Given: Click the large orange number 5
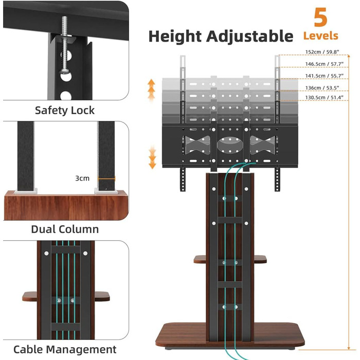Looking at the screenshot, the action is click(x=320, y=17).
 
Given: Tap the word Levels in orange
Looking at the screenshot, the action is click(x=320, y=36).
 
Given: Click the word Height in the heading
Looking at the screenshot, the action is click(x=175, y=37).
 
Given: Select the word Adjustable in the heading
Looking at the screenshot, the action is click(x=249, y=37).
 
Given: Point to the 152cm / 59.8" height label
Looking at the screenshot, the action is click(x=322, y=52).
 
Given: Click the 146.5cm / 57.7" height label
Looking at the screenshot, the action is click(x=324, y=64).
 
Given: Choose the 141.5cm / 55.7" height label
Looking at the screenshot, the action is click(x=324, y=76).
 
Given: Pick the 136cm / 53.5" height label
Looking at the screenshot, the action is click(x=322, y=88).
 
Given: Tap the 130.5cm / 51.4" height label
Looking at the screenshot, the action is click(x=324, y=97).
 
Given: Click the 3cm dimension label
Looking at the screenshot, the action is click(x=82, y=178).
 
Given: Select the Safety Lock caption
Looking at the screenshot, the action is click(x=64, y=111).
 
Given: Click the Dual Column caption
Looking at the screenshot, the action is click(x=65, y=229).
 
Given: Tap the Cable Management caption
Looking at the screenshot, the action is click(x=65, y=349).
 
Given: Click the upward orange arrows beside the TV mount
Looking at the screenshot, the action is click(x=151, y=90).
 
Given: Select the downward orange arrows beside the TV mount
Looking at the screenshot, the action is click(x=152, y=157).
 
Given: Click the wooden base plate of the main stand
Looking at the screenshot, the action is click(x=230, y=335).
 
